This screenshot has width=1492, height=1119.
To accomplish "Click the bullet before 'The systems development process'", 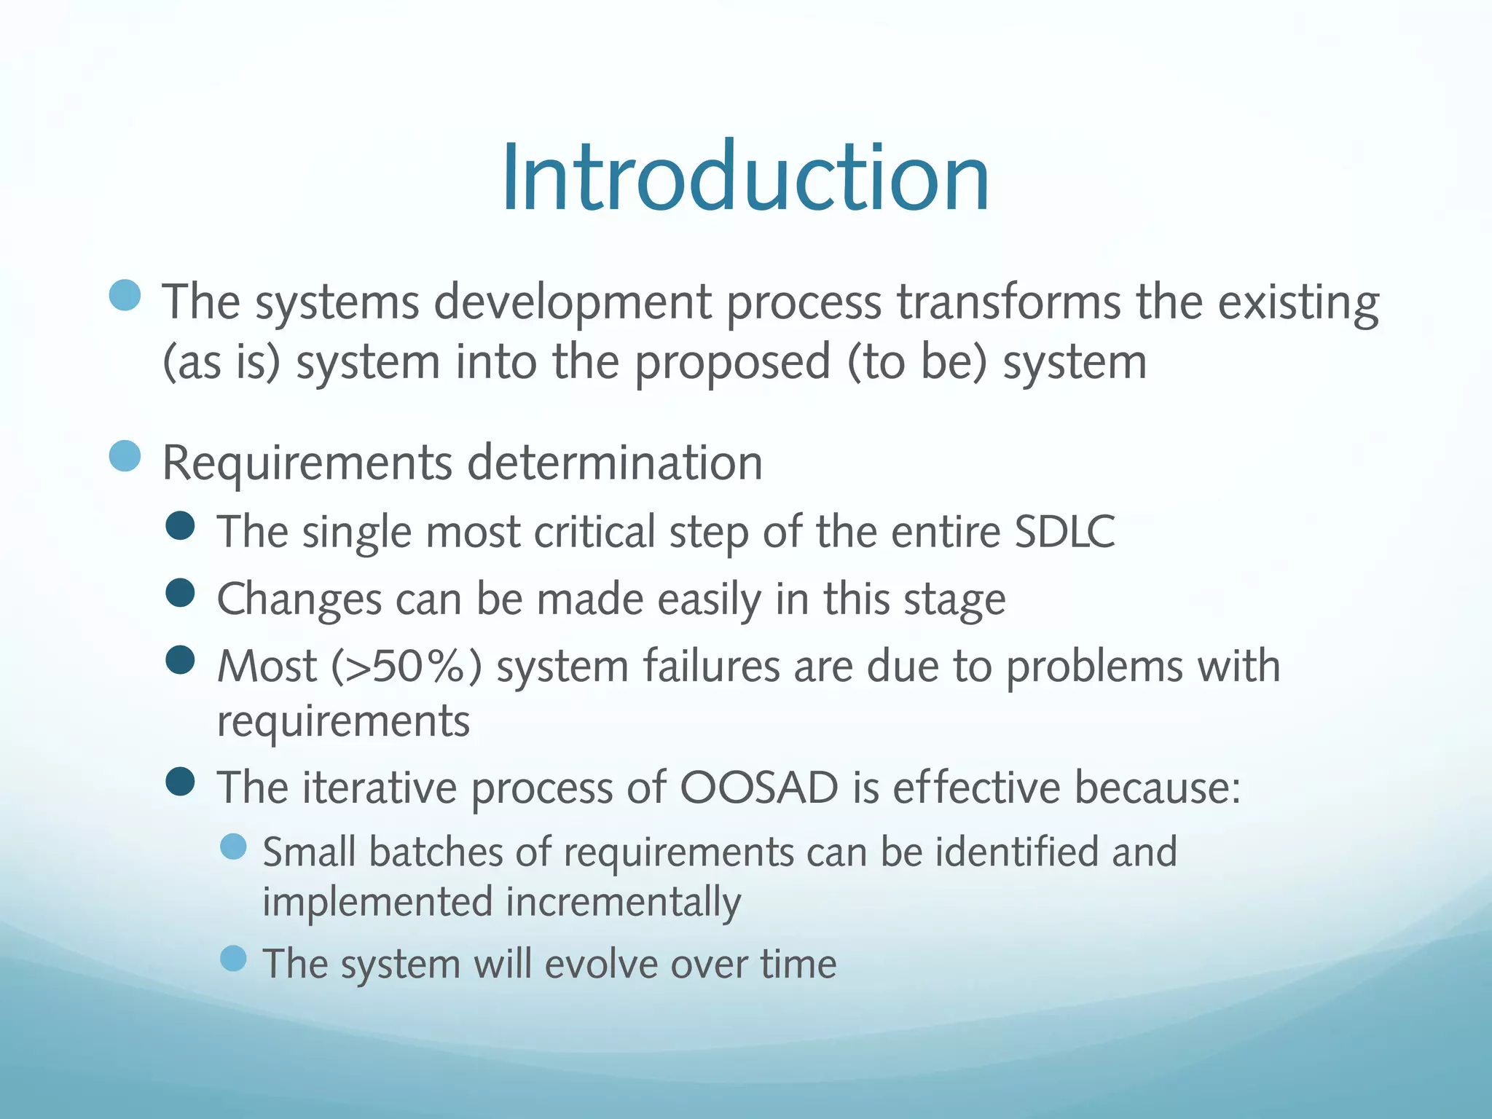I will point(125,295).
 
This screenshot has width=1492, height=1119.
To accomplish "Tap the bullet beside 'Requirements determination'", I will point(125,456).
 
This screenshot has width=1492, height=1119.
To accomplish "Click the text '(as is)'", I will point(221,363).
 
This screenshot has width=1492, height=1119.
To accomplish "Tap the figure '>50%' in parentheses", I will point(406,666).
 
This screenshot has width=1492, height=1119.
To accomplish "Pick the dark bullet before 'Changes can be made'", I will point(180,592).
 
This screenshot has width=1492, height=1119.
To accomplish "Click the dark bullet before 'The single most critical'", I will point(180,525).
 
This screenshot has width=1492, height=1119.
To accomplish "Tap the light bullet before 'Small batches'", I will point(233,847).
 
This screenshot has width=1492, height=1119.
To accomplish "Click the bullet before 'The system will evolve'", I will point(233,958).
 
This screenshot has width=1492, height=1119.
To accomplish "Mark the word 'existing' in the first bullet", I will point(1298,303).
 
